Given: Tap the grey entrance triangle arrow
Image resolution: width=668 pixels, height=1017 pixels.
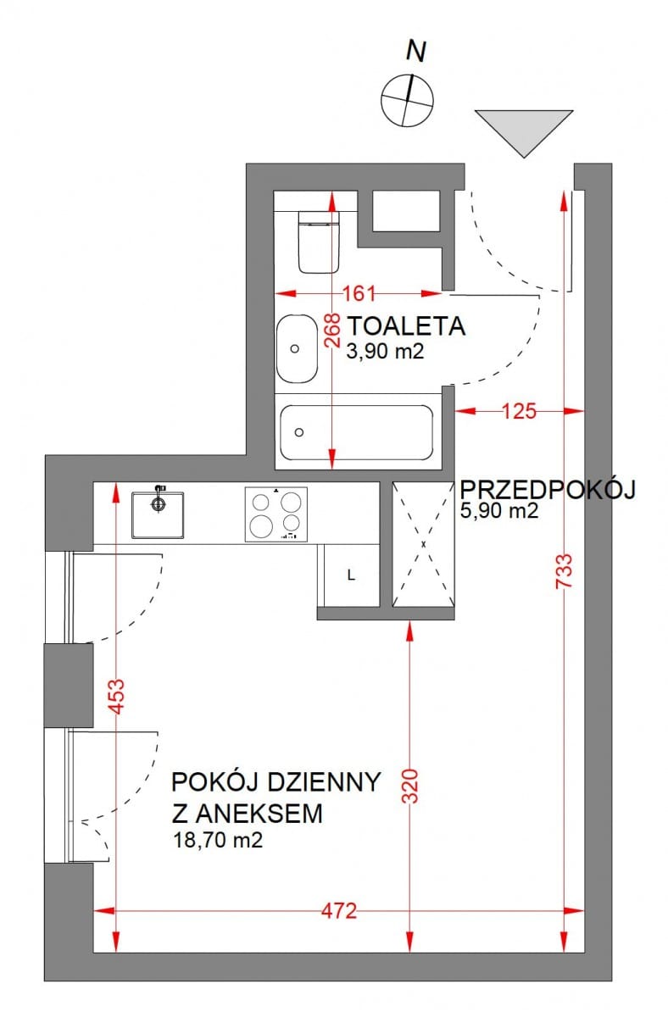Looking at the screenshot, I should tap(522, 128).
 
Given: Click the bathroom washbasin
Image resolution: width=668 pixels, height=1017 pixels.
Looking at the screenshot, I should tap(296, 348).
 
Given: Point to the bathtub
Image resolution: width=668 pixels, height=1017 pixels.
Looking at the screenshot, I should tap(356, 432).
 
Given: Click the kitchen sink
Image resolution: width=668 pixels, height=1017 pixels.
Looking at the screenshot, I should tap(158, 512).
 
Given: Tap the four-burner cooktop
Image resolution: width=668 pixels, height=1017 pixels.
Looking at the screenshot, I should tap(276, 514).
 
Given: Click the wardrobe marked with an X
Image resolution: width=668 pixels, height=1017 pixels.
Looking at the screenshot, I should tap(423, 544).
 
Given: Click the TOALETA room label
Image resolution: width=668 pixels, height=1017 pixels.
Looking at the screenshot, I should tap(406, 326).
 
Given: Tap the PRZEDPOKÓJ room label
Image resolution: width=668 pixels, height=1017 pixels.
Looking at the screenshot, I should tap(547, 489).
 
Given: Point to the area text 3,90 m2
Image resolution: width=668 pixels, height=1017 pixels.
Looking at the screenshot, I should tap(384, 352).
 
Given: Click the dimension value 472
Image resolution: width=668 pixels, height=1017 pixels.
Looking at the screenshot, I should tap(339, 911).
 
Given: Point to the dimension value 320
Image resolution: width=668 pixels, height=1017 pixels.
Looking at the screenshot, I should tap(409, 790).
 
